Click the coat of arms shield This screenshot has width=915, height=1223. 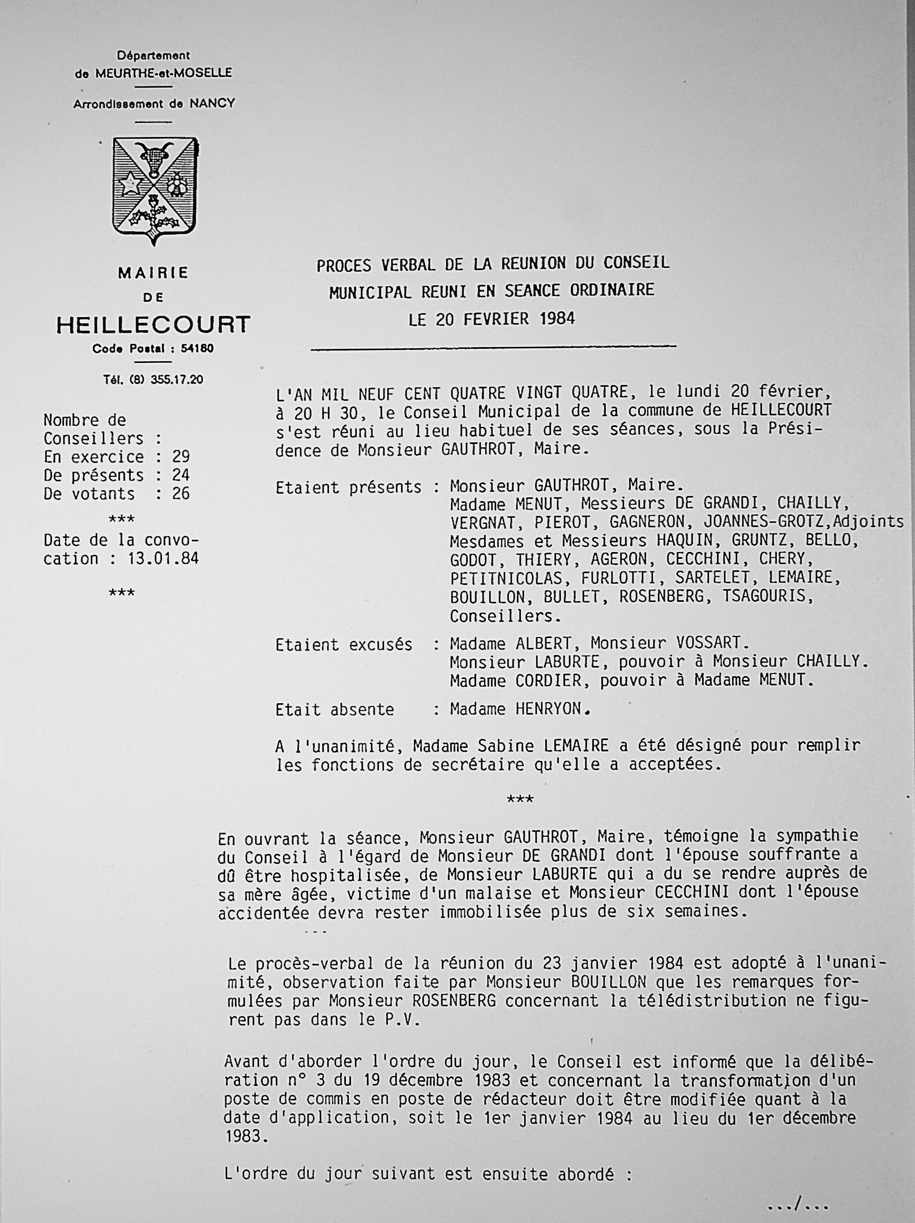click(x=155, y=190)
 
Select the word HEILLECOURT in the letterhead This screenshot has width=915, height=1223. click(x=153, y=325)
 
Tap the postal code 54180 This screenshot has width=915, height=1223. click(x=197, y=349)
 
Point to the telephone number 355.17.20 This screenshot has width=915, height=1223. click(x=176, y=379)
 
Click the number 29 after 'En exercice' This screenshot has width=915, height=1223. click(x=181, y=457)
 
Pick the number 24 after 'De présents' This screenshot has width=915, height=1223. click(x=181, y=476)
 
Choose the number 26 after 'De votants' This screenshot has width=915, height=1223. click(x=181, y=494)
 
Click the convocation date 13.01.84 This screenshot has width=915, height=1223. click(x=164, y=559)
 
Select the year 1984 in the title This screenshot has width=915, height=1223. click(x=557, y=319)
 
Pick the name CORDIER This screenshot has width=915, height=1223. click(x=548, y=680)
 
